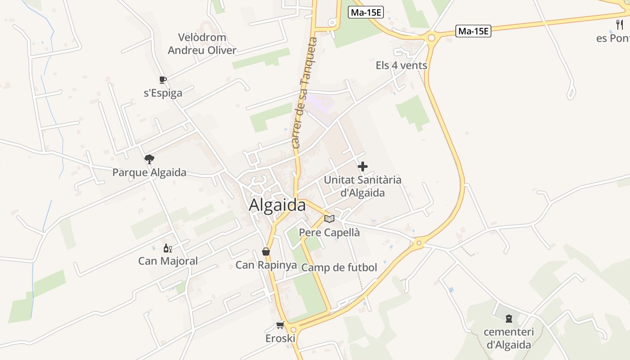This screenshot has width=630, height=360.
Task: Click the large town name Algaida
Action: pyautogui.click(x=277, y=205)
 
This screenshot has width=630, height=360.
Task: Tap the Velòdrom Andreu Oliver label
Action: pyautogui.click(x=202, y=44)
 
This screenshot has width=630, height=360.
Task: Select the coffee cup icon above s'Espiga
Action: pyautogui.click(x=163, y=80)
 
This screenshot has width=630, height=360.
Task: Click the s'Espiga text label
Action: pyautogui.click(x=163, y=93)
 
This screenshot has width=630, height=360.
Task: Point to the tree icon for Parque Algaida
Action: pyautogui.click(x=149, y=159)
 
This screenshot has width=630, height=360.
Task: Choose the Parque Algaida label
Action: pyautogui.click(x=149, y=172)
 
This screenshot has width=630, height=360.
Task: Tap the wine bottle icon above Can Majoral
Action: pyautogui.click(x=168, y=248)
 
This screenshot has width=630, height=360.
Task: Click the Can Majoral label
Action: pyautogui.click(x=168, y=261)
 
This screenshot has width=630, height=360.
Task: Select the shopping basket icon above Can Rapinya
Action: pyautogui.click(x=266, y=252)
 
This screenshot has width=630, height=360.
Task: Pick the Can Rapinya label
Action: pyautogui.click(x=266, y=265)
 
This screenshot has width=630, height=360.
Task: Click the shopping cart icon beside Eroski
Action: pyautogui.click(x=280, y=325)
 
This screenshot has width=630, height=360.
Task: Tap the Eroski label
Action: pyautogui.click(x=280, y=338)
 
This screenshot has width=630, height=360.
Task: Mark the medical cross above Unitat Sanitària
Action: pyautogui.click(x=362, y=166)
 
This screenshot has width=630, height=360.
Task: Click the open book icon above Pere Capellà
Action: pyautogui.click(x=329, y=219)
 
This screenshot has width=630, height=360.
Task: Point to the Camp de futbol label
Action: pyautogui.click(x=339, y=267)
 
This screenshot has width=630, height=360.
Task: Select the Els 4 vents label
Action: pyautogui.click(x=401, y=65)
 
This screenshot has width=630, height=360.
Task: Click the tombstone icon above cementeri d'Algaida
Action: pyautogui.click(x=508, y=319)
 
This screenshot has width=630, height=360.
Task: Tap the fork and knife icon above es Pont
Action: pyautogui.click(x=620, y=25)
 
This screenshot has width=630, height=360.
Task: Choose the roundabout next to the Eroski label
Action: pyautogui.click(x=293, y=329)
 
